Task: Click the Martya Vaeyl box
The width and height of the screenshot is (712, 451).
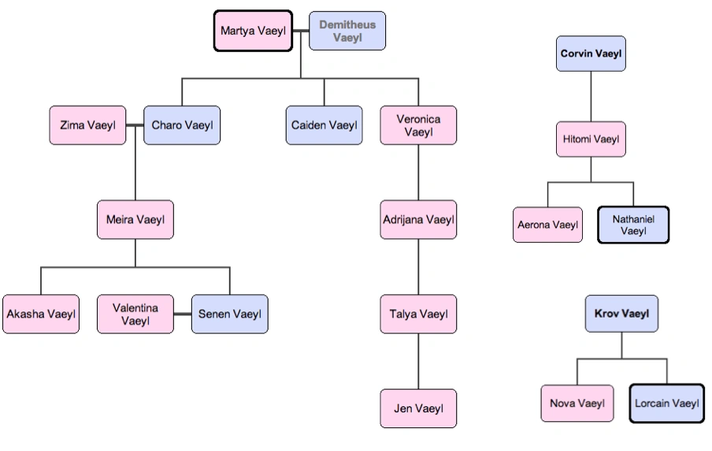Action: [x=253, y=31]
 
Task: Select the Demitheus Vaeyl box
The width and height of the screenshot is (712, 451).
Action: [x=347, y=31]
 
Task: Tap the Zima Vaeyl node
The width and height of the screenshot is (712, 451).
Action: [x=87, y=125]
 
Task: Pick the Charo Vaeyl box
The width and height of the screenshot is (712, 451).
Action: [x=182, y=125]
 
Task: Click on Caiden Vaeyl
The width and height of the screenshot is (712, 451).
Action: [x=324, y=125]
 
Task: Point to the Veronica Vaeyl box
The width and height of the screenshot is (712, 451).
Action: [x=418, y=125]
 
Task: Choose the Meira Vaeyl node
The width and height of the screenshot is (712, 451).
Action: [x=135, y=220]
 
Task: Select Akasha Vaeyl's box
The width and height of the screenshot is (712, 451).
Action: [x=41, y=314]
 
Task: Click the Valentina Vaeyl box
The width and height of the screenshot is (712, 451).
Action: [x=135, y=314]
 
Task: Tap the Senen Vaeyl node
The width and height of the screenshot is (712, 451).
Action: [x=229, y=314]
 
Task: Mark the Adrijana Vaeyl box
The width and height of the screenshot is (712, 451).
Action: [x=418, y=220]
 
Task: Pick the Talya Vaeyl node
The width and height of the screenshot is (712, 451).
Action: [x=418, y=314]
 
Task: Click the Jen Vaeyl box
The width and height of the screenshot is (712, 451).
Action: [x=418, y=408]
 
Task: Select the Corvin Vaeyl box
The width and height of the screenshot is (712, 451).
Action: [x=591, y=54]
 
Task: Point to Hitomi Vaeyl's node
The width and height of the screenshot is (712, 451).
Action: [x=591, y=140]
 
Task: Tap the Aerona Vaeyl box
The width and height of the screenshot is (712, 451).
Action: [x=547, y=225]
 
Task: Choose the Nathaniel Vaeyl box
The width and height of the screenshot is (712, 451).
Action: [x=633, y=225]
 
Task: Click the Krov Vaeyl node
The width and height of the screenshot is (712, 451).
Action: [x=622, y=313]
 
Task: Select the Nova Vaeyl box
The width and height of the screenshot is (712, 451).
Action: [x=577, y=403]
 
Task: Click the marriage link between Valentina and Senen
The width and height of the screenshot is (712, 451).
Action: [x=183, y=315]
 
